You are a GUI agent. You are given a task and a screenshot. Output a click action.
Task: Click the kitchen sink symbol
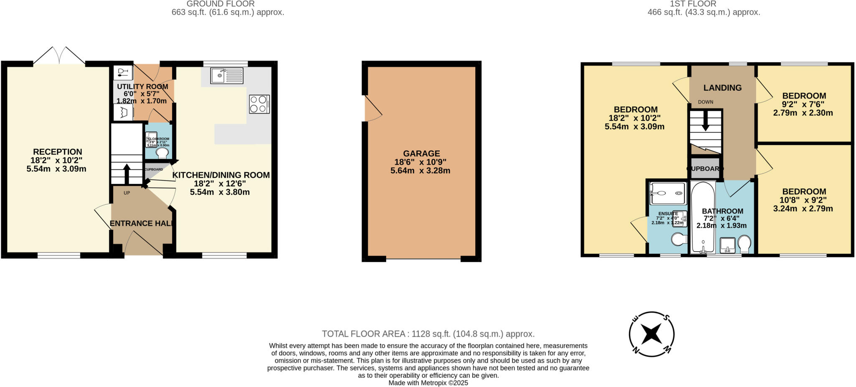click(x=227, y=76)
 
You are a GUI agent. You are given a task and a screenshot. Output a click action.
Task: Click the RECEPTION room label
click(x=58, y=152)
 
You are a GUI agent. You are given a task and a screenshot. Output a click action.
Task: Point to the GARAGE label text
click(x=421, y=153)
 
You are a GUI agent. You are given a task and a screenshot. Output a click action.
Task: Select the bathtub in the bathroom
click(x=703, y=217)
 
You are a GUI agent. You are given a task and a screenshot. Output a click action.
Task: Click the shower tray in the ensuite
click(x=667, y=193)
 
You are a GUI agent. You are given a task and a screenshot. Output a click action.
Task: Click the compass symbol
click(x=652, y=334)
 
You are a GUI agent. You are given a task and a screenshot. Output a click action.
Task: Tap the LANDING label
click(x=722, y=88)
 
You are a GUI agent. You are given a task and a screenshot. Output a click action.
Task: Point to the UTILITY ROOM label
click(x=143, y=87)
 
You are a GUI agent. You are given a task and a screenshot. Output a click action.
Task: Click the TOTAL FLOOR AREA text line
click(x=428, y=334)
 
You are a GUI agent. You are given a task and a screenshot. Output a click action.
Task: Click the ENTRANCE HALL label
click(x=141, y=223)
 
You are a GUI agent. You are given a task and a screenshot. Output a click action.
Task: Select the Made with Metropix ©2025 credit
click(x=428, y=383)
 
